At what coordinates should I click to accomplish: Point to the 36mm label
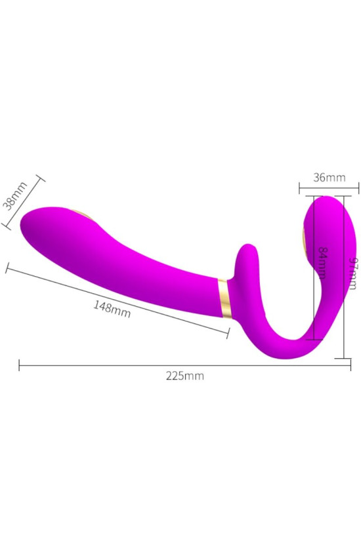pos(329,178)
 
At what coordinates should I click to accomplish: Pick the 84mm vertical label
pos(322,262)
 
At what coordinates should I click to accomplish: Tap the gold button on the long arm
pos(82,217)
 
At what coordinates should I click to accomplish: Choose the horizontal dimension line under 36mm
pos(329,190)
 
